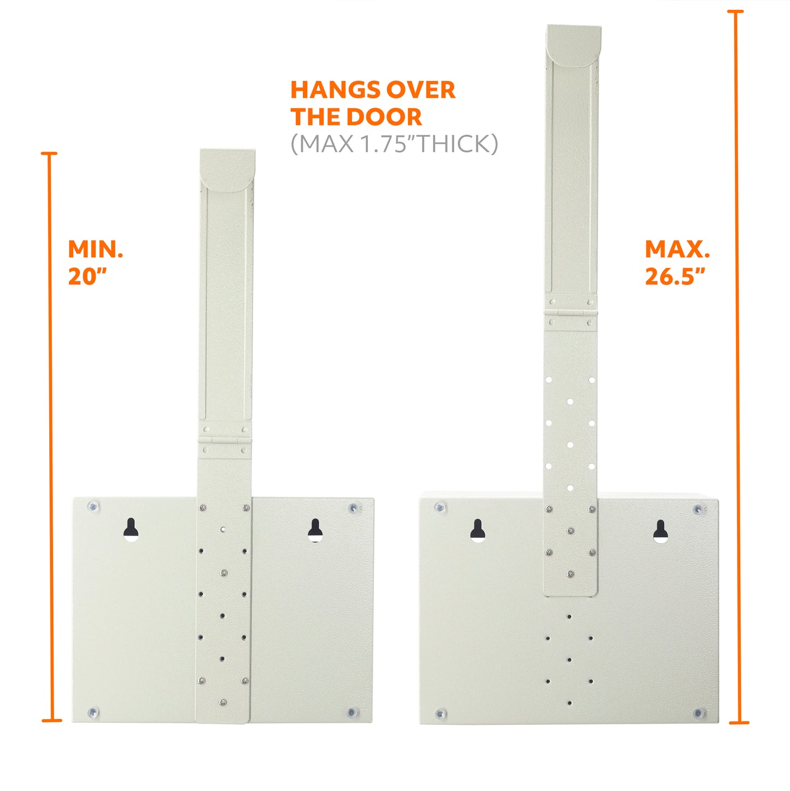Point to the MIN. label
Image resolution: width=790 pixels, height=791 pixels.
pyautogui.click(x=96, y=249)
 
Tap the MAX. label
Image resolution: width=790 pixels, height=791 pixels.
pyautogui.click(x=677, y=249)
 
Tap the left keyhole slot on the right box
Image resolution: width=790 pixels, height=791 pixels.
pyautogui.click(x=478, y=531)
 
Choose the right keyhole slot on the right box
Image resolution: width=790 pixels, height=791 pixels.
pyautogui.click(x=660, y=532)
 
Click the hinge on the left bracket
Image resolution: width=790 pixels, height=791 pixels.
pyautogui.click(x=225, y=440)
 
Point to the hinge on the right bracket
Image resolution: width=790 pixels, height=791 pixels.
pyautogui.click(x=570, y=313)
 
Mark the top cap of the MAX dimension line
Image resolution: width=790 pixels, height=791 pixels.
pyautogui.click(x=735, y=11)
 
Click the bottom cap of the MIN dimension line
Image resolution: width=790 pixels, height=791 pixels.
pyautogui.click(x=52, y=720)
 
